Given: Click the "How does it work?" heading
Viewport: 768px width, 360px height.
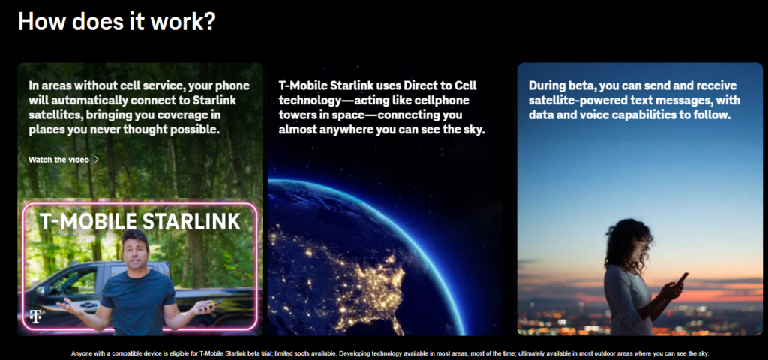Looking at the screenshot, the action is [117, 22].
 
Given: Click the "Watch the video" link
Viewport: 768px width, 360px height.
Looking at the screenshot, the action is [58, 160].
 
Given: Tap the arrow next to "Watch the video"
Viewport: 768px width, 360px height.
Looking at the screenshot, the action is [97, 160].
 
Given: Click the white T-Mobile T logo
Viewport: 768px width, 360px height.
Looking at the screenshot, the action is [35, 316].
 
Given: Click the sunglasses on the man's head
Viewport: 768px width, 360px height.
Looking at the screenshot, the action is [135, 235].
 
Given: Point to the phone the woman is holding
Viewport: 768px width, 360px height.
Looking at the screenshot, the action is [682, 279].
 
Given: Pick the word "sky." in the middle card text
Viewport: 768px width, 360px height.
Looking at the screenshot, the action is [474, 130].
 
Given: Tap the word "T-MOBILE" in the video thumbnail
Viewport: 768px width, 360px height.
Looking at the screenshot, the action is [88, 221].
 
